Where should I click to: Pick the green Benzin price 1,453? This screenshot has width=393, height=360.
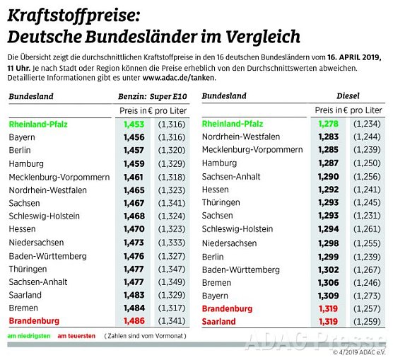coord(133,124)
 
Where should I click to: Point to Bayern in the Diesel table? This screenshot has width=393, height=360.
coord(216,296)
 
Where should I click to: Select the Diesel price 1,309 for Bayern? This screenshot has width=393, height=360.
coord(329,296)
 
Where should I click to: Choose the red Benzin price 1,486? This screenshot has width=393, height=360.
coord(133,321)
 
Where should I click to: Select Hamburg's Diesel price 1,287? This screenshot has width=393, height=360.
coord(329,163)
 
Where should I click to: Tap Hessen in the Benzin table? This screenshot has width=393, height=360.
coord(23,229)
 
